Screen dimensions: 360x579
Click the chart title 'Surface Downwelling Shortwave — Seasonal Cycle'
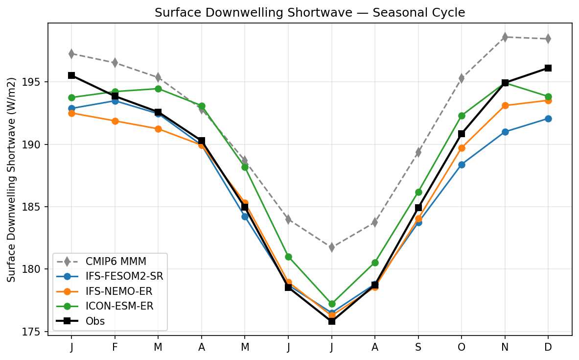click(x=309, y=13)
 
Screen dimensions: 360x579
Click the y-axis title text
click(x=12, y=179)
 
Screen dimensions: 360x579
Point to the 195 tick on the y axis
click(x=33, y=82)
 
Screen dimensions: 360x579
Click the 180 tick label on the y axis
click(x=33, y=269)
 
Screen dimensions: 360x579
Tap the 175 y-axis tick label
click(x=33, y=332)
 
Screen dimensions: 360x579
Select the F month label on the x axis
click(x=115, y=347)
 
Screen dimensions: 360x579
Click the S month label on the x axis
click(x=418, y=347)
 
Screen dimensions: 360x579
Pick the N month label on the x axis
click(x=505, y=347)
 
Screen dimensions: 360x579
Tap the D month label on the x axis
click(x=548, y=347)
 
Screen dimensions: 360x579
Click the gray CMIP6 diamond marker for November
click(x=505, y=37)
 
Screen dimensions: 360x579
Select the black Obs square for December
click(x=548, y=68)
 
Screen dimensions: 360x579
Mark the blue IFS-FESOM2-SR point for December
click(x=548, y=119)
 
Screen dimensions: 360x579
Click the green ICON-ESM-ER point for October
click(x=462, y=116)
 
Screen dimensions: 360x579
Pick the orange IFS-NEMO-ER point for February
click(x=115, y=121)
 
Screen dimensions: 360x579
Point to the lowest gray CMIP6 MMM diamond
click(x=331, y=247)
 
